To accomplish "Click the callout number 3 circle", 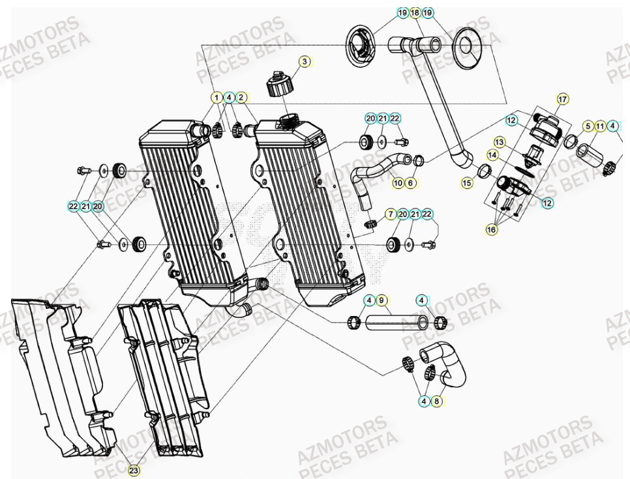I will pyautogui.click(x=304, y=61).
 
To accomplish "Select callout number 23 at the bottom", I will pyautogui.click(x=134, y=470).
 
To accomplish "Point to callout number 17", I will pyautogui.click(x=562, y=99).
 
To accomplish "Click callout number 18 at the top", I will pyautogui.click(x=415, y=12).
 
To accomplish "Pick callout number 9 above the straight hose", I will pyautogui.click(x=382, y=300).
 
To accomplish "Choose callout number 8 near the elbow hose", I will pyautogui.click(x=437, y=401).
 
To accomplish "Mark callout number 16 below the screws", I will pyautogui.click(x=491, y=229).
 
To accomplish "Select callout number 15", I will pyautogui.click(x=467, y=184).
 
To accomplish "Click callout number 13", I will pyautogui.click(x=499, y=141).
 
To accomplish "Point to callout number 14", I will pyautogui.click(x=493, y=155).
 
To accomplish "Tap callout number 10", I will pyautogui.click(x=398, y=184).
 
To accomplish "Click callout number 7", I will pyautogui.click(x=390, y=214).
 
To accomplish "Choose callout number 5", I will pyautogui.click(x=588, y=126).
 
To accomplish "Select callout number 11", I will pyautogui.click(x=600, y=126).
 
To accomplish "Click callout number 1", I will pyautogui.click(x=216, y=98).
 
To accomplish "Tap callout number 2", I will pyautogui.click(x=241, y=98).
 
